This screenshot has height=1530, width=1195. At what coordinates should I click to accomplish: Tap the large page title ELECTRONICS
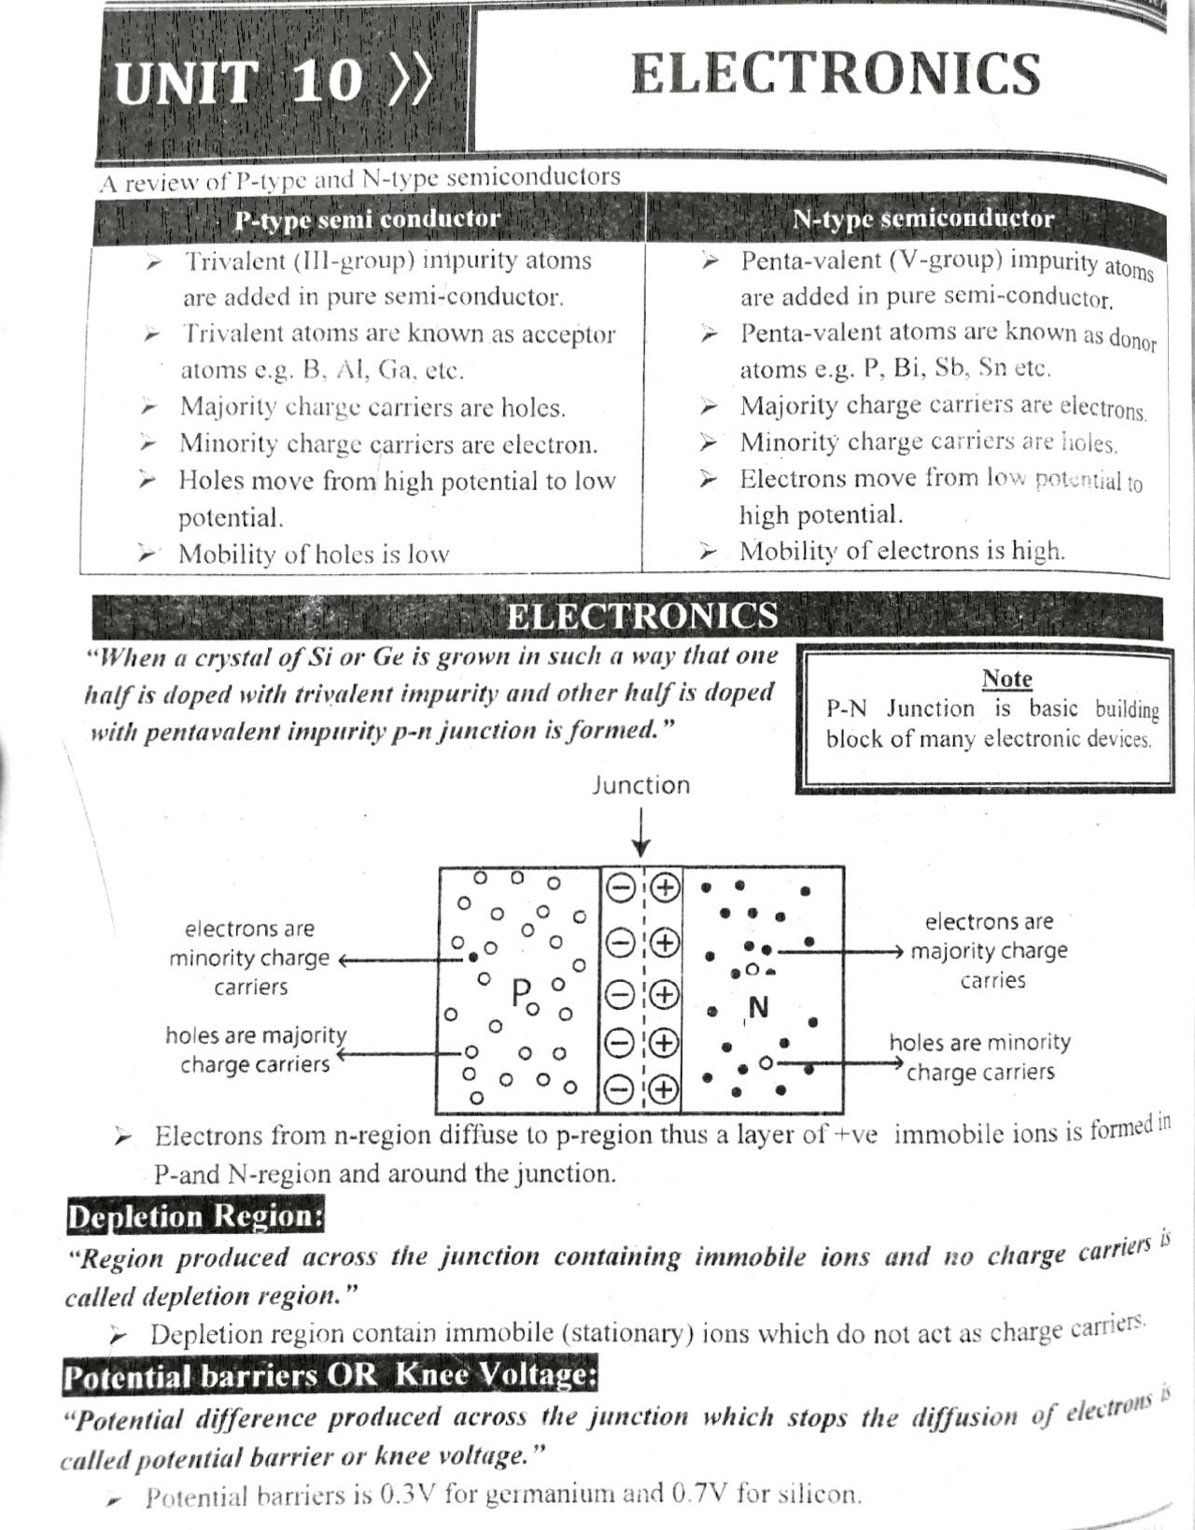(835, 75)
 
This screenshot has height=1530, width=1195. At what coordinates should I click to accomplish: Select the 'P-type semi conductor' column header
(367, 219)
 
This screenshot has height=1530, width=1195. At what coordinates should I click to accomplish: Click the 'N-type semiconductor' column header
(922, 218)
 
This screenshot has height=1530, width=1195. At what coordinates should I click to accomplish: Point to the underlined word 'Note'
(1006, 679)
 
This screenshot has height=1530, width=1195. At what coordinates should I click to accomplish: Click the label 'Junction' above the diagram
(640, 785)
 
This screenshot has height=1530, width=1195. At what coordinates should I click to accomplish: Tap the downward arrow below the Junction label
(640, 835)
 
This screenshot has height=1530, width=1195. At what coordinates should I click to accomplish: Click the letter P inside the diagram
(521, 992)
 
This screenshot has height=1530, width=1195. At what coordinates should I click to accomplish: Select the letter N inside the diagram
(759, 1007)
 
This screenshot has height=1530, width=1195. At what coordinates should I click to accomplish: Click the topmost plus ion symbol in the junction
(664, 888)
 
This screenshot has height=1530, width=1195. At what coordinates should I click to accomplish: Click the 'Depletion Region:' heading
(195, 1216)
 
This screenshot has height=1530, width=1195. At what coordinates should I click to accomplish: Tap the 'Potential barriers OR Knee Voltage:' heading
(330, 1375)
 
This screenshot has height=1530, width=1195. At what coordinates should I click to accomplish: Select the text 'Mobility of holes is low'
(314, 554)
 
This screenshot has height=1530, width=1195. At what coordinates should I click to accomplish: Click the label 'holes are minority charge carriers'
(979, 1057)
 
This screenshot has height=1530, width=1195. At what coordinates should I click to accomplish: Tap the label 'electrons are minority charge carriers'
(250, 958)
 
